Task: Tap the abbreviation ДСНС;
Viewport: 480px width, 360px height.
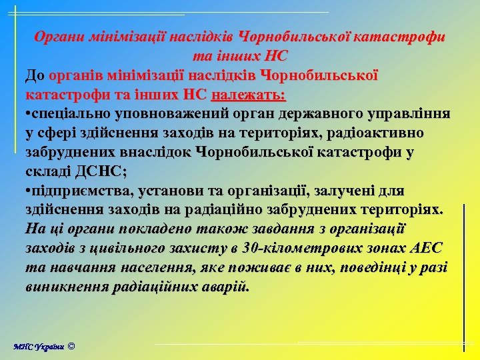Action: (99, 171)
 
